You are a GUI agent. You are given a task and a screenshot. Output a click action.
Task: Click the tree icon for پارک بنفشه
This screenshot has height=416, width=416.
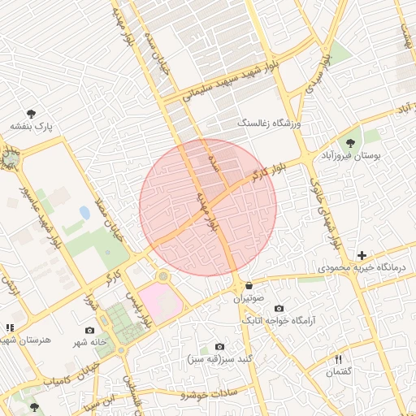31,115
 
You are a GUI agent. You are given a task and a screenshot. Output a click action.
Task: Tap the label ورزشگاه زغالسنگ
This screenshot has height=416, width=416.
269,123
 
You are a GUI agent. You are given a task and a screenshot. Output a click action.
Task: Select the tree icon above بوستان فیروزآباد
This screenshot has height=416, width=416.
351,142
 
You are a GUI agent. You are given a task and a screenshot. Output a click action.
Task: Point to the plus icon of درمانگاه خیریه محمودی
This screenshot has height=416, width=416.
362,255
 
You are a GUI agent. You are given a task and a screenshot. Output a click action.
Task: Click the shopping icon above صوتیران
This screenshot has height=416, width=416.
248,286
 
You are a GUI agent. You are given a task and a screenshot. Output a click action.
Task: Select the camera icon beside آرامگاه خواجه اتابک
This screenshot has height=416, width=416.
279,308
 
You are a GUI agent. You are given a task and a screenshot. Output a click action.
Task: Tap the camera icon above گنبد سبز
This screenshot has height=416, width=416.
218,346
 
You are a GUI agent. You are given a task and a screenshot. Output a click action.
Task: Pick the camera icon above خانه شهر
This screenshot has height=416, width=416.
89,330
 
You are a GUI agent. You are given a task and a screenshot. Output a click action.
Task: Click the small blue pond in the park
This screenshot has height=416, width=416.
84,213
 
